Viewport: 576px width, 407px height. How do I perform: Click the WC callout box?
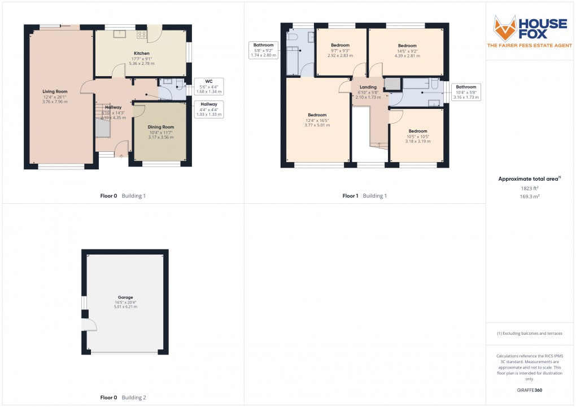click(209, 86)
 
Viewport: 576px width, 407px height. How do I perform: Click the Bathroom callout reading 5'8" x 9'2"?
click(263, 50)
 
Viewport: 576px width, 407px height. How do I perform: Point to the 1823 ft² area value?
click(529, 188)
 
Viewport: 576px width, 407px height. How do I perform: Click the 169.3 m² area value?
click(529, 196)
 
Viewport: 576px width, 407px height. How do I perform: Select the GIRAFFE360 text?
click(529, 390)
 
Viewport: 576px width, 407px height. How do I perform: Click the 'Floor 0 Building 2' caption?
click(123, 398)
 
